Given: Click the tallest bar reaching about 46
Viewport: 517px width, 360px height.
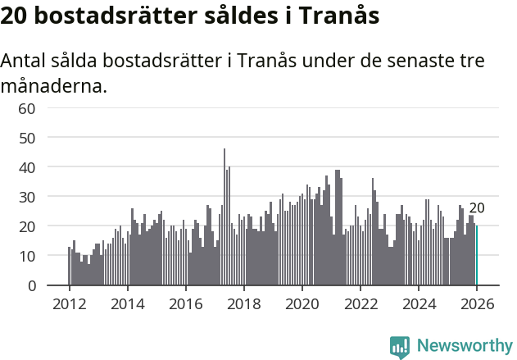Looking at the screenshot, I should (224, 217).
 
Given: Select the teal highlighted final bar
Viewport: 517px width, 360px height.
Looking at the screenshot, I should (476, 256).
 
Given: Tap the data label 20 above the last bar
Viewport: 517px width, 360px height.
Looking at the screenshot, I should (477, 208).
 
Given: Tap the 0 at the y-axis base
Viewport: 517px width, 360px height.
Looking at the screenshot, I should (31, 285).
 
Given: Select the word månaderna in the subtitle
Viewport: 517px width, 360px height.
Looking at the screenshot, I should (54, 85).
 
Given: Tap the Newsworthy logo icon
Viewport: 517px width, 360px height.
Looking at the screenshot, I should (400, 346).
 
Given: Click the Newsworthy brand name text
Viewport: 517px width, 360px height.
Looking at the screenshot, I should (464, 346).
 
